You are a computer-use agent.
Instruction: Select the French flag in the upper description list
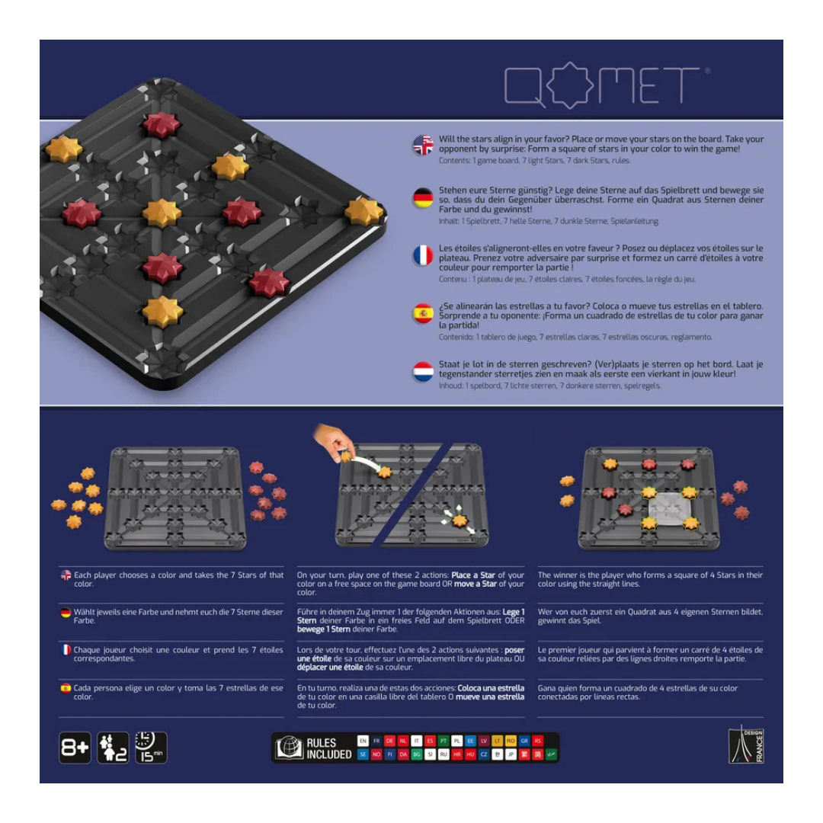pos(423,256)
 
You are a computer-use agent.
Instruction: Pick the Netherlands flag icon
pos(423,371)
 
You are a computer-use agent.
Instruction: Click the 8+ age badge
pos(75,748)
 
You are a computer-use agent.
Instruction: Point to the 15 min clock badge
pos(150,748)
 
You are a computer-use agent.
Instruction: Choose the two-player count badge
pos(113,748)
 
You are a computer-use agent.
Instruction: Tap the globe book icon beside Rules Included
pos(289,748)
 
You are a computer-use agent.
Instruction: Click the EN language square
pos(363,741)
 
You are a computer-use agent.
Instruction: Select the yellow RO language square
pos(511,741)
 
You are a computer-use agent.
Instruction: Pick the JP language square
pos(511,754)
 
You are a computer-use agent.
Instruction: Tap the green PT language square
pos(444,741)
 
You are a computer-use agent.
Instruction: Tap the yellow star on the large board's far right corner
pos(363,211)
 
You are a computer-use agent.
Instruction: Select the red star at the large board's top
pos(162,124)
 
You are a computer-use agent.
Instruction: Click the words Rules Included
pos(328,748)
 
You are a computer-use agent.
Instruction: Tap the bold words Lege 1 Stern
pos(511,612)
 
